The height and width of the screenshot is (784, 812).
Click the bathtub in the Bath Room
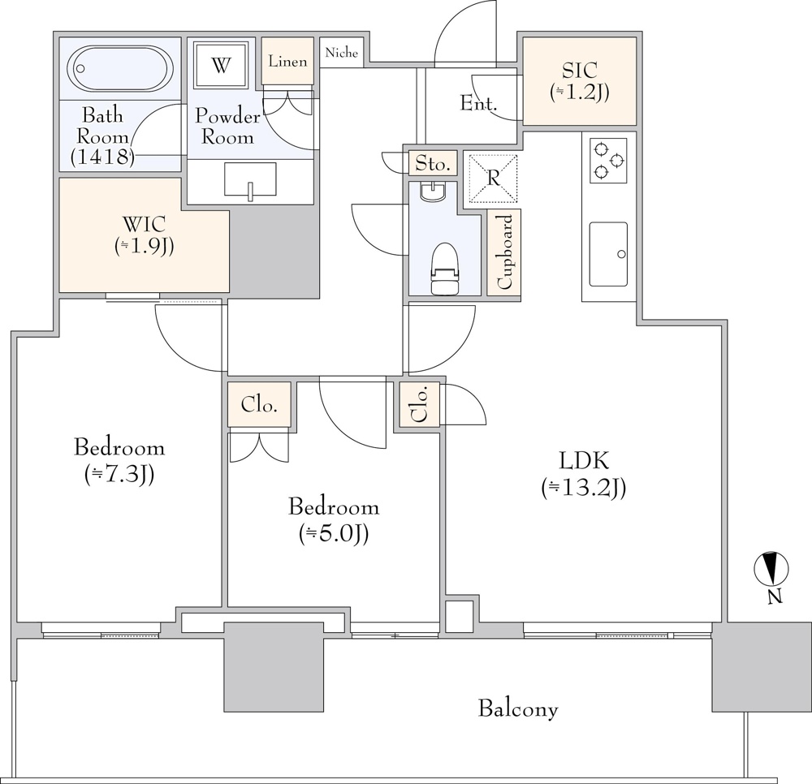point(119,69)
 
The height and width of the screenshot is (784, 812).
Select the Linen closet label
point(287,62)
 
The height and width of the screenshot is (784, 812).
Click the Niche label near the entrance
point(341,53)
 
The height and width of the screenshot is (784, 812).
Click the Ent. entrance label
point(478,103)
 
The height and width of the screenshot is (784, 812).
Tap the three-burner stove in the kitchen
point(608,160)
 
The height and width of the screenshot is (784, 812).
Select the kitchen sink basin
point(608,254)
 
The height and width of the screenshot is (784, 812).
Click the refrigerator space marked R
point(494,179)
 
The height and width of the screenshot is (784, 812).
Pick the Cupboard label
point(504,252)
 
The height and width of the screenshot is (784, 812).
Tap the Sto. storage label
point(432,164)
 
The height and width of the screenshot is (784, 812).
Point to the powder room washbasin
point(250,180)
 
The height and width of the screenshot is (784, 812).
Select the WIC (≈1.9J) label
point(144,235)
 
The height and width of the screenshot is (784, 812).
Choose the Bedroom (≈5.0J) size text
point(334,533)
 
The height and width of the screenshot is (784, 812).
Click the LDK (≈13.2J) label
point(583,487)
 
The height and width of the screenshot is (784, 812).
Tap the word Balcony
point(518,709)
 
